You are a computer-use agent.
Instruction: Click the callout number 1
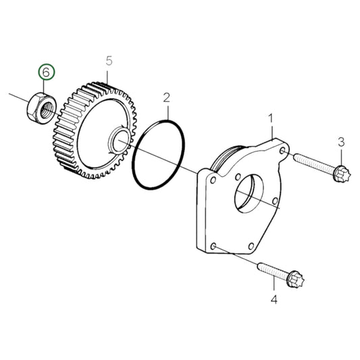[x=272, y=120]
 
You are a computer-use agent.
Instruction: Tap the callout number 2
[x=165, y=99]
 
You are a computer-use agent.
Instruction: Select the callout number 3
[x=341, y=141]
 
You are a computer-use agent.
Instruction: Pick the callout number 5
[x=108, y=62]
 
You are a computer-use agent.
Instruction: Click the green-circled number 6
[x=45, y=72]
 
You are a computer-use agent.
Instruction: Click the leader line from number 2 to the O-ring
[x=165, y=113]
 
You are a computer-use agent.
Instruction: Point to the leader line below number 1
[x=272, y=132]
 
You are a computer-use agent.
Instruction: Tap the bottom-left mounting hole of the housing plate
[x=214, y=248]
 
